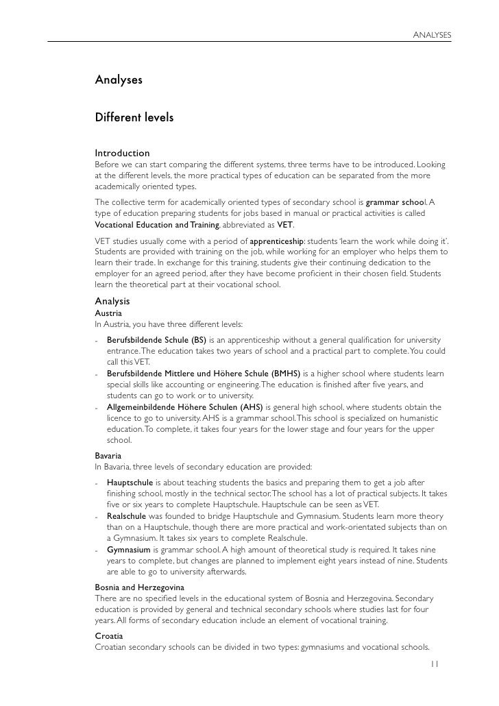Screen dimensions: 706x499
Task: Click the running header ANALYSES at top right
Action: (432, 34)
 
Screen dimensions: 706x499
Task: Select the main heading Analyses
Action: (119, 80)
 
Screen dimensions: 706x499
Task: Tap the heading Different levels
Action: (134, 118)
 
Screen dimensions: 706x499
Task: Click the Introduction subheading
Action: (122, 153)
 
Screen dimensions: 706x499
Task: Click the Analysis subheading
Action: (112, 301)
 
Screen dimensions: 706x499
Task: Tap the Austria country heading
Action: (108, 313)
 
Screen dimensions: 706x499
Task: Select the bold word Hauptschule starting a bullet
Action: (130, 483)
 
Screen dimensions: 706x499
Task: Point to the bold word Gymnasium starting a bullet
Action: (129, 549)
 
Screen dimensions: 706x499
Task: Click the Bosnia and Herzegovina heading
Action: (139, 588)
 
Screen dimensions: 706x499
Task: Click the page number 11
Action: (435, 664)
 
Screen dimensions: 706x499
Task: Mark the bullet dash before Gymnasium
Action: (98, 550)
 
